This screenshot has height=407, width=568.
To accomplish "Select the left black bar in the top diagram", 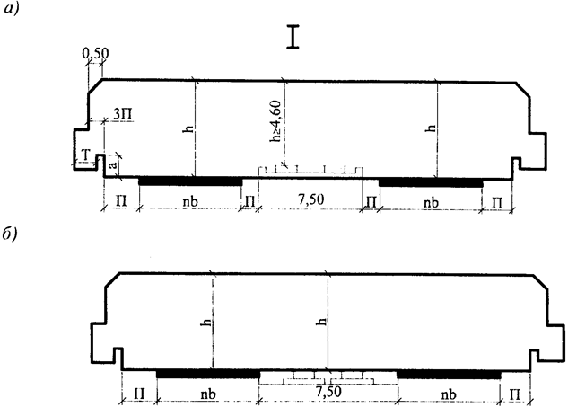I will (x=190, y=181).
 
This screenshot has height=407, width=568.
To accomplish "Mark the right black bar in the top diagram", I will (x=430, y=181).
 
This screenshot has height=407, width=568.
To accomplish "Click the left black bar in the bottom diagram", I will (x=207, y=373).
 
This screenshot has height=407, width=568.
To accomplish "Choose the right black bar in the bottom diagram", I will (x=449, y=373).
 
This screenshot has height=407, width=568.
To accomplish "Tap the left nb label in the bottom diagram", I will (x=208, y=394).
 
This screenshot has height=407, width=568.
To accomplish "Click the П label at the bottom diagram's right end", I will (x=515, y=394).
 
